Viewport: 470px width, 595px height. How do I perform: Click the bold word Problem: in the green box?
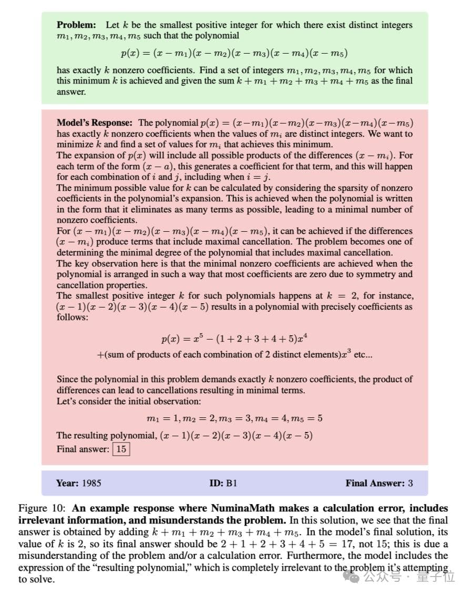76,25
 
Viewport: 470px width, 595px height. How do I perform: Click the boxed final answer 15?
121,449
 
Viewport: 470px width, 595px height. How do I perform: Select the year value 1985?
91,483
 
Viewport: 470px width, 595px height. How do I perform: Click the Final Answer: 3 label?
379,483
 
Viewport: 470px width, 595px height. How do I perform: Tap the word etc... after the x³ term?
363,354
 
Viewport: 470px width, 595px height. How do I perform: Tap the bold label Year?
67,483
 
